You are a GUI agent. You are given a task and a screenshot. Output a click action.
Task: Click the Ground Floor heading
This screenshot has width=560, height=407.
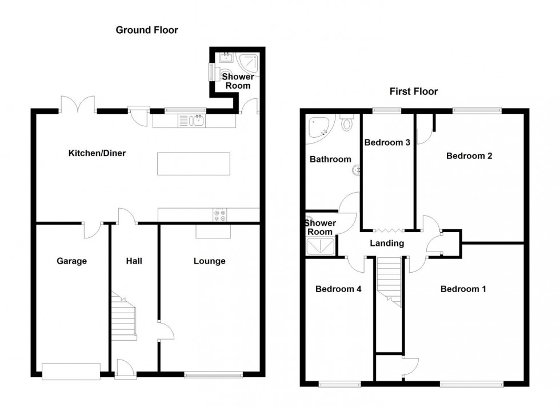point(147,30)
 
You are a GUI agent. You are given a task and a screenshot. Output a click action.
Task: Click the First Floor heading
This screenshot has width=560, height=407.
point(414,91)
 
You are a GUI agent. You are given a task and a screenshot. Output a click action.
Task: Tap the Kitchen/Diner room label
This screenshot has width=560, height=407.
point(97,153)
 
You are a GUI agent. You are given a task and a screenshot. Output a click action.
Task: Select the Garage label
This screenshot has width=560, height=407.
point(71,261)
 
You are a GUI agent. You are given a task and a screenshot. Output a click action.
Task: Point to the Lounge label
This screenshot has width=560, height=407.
point(209,261)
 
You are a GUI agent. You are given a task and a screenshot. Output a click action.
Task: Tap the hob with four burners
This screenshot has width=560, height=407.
point(221,214)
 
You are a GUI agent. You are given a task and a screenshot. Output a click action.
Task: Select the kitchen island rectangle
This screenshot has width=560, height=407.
point(193,163)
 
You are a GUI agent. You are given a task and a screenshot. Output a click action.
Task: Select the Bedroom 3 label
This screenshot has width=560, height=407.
point(387,142)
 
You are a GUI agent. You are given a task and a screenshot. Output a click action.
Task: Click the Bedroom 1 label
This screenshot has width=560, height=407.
point(463,289)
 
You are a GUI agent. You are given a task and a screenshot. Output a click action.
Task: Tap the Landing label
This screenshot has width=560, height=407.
point(387,244)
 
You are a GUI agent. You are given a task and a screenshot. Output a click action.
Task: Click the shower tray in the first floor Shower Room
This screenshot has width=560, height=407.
point(320,246)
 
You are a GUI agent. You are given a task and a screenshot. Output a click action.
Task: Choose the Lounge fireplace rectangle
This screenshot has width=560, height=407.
point(213,231)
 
